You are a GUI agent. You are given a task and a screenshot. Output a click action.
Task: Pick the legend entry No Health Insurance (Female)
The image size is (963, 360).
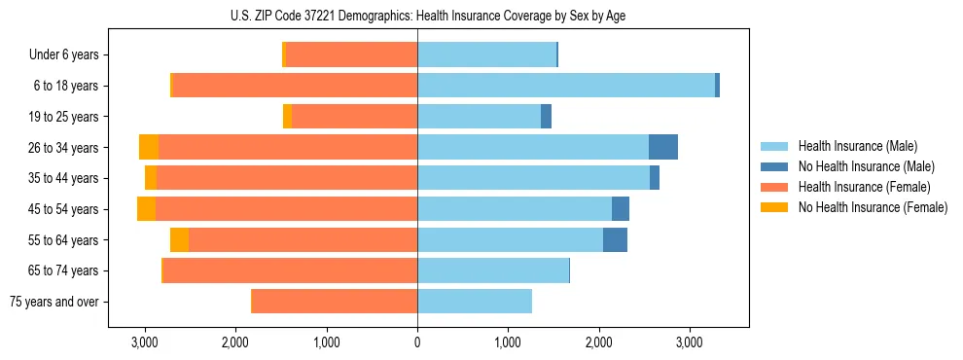click(873, 207)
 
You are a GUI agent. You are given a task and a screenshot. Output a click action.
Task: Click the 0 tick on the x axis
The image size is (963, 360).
click(417, 342)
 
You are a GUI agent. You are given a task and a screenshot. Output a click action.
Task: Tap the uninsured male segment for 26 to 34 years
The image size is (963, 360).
click(663, 147)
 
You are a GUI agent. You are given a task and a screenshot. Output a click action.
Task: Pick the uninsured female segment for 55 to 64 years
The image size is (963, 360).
click(179, 240)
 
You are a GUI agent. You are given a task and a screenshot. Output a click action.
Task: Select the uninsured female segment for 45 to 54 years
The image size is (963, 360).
click(146, 209)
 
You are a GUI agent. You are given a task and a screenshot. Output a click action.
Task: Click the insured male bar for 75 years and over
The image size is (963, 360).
click(475, 302)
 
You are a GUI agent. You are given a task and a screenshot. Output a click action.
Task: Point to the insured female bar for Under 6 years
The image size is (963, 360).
click(351, 54)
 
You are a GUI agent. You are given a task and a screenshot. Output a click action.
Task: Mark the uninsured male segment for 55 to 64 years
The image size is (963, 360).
click(615, 240)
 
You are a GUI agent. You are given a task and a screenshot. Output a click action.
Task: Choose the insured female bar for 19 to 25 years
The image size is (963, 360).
click(354, 117)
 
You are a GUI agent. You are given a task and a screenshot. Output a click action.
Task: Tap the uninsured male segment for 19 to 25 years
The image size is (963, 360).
click(546, 117)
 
